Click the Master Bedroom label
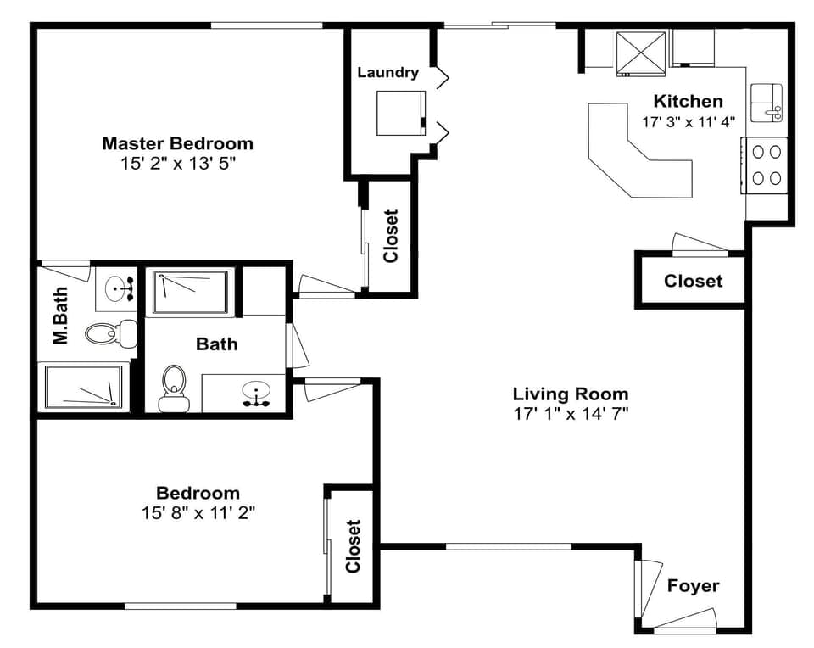[x=177, y=142]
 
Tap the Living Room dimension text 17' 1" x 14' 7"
[x=571, y=414]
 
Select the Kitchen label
[x=688, y=101]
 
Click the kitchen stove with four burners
[x=767, y=165]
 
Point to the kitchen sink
[x=767, y=103]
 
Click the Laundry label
[x=387, y=72]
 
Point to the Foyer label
[x=693, y=586]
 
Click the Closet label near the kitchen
[x=693, y=281]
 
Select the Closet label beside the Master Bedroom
[x=391, y=237]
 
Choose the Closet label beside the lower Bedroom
[x=353, y=546]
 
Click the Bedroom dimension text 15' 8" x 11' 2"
[x=198, y=512]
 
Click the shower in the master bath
[x=82, y=387]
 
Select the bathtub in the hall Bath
[x=190, y=293]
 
